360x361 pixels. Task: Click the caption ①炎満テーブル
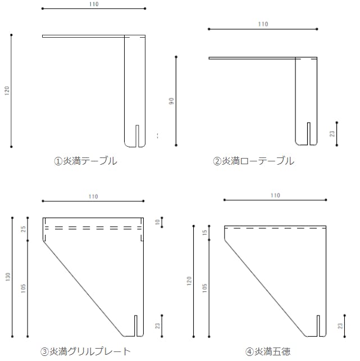tap(85, 161)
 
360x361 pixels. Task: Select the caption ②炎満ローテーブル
tap(253, 161)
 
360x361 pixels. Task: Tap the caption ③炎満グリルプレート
tap(85, 351)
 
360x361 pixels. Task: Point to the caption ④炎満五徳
tap(268, 351)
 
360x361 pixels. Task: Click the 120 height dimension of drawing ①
tap(7, 91)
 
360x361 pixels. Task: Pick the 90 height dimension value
tap(171, 101)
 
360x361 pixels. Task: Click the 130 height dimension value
tap(8, 277)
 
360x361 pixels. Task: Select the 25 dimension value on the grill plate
tap(23, 229)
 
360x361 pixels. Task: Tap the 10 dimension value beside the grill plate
tap(157, 222)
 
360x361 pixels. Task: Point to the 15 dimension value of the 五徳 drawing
tap(204, 232)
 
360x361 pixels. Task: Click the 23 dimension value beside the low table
tap(332, 133)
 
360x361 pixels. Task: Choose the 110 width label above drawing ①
tap(94, 4)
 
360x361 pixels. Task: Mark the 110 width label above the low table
tap(263, 24)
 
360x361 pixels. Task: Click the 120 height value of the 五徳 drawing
tap(189, 281)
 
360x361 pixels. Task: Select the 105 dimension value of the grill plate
tap(23, 288)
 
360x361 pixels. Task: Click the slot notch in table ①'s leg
tap(137, 136)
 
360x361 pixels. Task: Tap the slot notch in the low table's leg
tap(309, 134)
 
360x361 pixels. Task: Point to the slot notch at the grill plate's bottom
tap(136, 326)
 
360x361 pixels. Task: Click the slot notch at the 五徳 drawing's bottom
tap(318, 326)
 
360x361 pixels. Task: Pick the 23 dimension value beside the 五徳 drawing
tap(340, 326)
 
